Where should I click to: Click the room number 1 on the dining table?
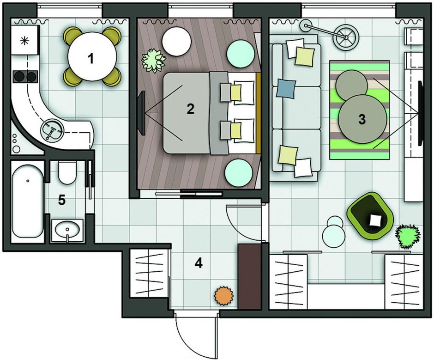(90, 59)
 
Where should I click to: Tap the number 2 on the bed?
(190, 109)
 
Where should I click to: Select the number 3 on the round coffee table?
(362, 119)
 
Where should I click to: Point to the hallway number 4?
(199, 263)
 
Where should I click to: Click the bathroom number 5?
(62, 200)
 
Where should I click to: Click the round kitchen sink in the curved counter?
(52, 130)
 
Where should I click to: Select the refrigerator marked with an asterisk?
(24, 41)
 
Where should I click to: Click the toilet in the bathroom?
(66, 172)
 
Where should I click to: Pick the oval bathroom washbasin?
(67, 230)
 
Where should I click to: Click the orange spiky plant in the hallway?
(224, 296)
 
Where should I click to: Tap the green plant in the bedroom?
(153, 61)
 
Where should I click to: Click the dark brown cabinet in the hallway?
(250, 276)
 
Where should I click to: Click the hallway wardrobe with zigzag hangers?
(149, 273)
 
